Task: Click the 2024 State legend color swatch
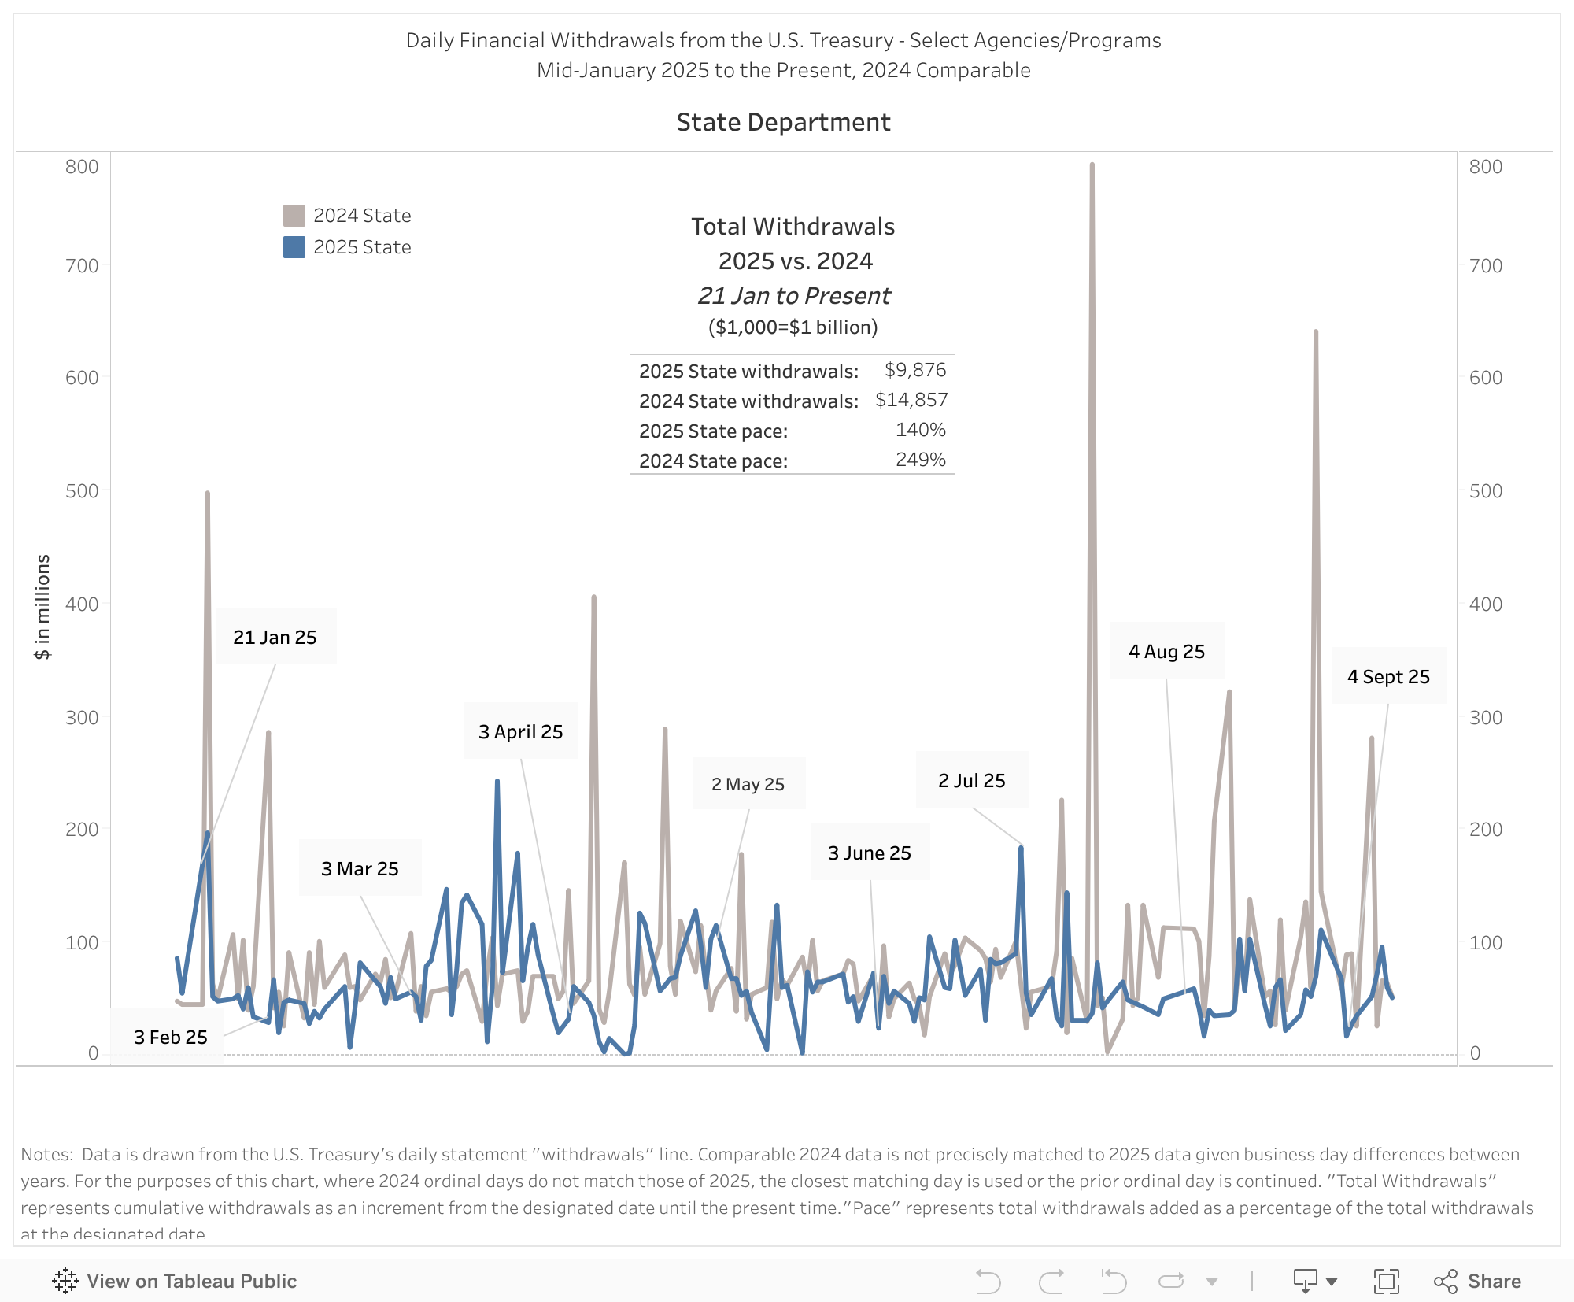(x=294, y=216)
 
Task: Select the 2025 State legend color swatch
(x=294, y=247)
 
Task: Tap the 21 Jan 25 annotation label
(x=275, y=637)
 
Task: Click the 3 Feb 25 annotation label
(x=170, y=1037)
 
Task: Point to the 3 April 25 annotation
(x=520, y=731)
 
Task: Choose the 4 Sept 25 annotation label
(x=1388, y=676)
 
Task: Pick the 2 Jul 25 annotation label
(x=971, y=780)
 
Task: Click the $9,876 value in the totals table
(x=914, y=370)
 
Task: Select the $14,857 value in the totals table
(x=911, y=400)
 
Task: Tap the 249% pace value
(x=920, y=460)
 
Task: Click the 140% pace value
(x=920, y=430)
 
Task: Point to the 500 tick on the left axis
(x=82, y=490)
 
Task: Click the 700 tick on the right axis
(x=1486, y=266)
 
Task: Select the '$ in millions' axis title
(x=42, y=606)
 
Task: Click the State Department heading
(x=783, y=122)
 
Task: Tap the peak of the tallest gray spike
(x=1092, y=165)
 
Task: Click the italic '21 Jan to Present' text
(x=793, y=295)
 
